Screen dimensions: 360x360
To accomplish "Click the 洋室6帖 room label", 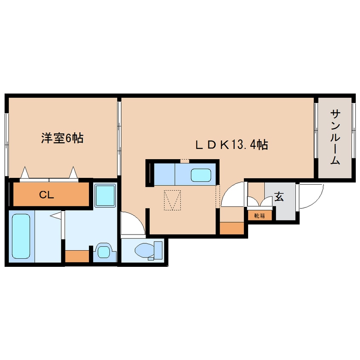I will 62,138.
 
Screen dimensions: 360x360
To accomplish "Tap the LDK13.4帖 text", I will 231,145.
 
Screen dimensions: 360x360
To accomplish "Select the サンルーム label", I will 335,137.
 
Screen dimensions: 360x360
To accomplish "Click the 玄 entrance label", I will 279,197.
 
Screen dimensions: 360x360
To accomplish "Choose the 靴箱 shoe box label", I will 260,216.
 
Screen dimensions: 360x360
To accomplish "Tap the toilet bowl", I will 145,250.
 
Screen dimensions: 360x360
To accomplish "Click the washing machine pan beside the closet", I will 105,195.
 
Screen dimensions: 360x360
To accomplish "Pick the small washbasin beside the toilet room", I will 103,251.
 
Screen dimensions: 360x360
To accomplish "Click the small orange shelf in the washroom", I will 77,256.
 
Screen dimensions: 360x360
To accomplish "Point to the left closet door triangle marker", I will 25,172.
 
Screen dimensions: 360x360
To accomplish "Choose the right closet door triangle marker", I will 74,172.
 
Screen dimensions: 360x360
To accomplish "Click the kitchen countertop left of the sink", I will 164,174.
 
